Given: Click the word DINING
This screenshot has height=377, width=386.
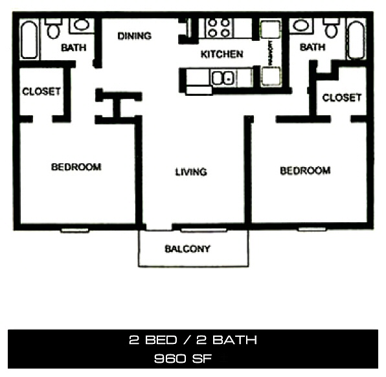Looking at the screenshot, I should [x=134, y=36].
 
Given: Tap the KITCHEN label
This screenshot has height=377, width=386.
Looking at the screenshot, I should [x=221, y=54].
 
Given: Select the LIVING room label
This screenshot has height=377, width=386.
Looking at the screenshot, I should [x=191, y=172].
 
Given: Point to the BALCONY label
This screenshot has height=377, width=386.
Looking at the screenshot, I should [x=187, y=249].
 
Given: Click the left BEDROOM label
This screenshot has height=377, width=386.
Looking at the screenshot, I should [x=76, y=167].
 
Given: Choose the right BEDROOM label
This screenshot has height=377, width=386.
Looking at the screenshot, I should [x=305, y=171].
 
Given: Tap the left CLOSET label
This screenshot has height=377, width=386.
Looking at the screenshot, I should [x=41, y=91].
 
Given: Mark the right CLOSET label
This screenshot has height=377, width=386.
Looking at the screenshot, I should [x=341, y=98].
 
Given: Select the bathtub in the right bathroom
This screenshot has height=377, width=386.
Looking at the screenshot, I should [x=356, y=40].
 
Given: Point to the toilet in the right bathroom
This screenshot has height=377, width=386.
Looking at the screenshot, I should [x=332, y=29].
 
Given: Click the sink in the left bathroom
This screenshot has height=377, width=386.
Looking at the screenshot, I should [x=80, y=25].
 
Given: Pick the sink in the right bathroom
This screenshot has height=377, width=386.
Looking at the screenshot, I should [x=300, y=25].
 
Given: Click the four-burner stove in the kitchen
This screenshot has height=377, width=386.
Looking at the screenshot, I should [x=218, y=27].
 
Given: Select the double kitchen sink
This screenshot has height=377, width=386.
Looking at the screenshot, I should [x=223, y=78].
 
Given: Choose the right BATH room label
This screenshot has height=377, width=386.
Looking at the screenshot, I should [x=312, y=47].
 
